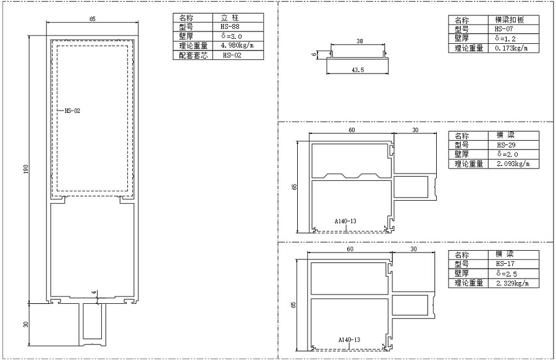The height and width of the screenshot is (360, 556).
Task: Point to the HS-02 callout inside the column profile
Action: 72,111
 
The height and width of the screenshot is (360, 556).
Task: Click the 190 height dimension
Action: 25,169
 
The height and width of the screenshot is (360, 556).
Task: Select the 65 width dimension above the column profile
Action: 92,19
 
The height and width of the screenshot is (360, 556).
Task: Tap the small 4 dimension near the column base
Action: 94,293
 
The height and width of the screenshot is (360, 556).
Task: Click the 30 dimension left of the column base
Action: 25,324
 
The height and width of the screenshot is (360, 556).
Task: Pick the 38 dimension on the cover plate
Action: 360,41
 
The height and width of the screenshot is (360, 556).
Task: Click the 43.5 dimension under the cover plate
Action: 358,70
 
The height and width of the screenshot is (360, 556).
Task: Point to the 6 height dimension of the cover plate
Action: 313,54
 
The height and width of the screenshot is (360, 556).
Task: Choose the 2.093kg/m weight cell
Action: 513,164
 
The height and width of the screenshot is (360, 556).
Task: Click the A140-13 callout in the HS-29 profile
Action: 345,221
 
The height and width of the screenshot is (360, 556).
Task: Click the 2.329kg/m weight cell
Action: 513,283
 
